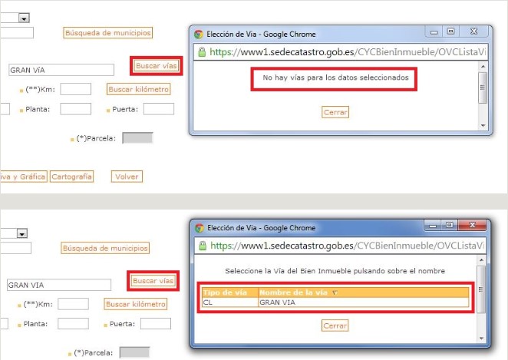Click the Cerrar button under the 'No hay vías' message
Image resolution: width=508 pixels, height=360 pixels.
tap(335, 112)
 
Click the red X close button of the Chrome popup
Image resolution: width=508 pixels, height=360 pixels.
tap(473, 225)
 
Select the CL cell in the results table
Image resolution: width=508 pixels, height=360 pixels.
tap(230, 302)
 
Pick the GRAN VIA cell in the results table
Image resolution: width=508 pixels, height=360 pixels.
tap(364, 302)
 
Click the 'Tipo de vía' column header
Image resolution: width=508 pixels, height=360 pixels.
tap(225, 292)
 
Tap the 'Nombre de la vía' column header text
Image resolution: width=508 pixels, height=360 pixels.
tap(294, 292)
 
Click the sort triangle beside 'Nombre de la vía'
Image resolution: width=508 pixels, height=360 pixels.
tap(335, 293)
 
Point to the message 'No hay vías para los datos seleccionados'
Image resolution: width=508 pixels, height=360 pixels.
tap(335, 78)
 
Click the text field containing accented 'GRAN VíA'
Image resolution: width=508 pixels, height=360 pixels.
tap(61, 70)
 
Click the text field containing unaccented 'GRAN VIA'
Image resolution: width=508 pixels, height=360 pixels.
tap(59, 285)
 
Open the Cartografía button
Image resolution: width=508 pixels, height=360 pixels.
tap(71, 177)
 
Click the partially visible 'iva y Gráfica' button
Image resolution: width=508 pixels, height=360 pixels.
tap(23, 177)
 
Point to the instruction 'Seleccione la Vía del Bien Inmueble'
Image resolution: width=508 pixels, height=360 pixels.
tap(335, 271)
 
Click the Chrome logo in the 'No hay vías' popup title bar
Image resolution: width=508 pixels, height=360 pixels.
tap(199, 35)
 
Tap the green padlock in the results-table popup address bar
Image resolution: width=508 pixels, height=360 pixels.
tap(203, 246)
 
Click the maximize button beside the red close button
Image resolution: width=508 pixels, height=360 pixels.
tap(450, 225)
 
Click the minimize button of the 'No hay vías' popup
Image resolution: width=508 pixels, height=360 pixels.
tap(434, 31)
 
